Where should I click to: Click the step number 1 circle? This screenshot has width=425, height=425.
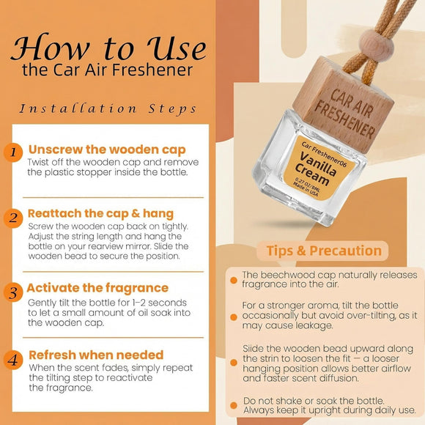(x=12, y=152)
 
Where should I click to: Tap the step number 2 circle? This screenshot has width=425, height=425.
(x=12, y=218)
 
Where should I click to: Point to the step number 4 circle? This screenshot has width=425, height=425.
(x=12, y=360)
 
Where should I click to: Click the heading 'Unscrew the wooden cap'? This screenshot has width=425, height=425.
(x=106, y=149)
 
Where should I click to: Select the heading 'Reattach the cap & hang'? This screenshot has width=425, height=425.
(x=101, y=213)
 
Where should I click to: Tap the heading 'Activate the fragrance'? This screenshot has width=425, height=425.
(x=98, y=287)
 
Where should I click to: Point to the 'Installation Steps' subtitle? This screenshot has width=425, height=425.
(x=108, y=108)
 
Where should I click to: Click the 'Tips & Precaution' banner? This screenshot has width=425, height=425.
(x=323, y=251)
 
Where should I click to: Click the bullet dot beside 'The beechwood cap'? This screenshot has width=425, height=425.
(x=232, y=276)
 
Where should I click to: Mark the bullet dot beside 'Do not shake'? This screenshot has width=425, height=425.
(x=232, y=404)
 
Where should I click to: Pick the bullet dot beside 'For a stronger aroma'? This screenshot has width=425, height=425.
(x=232, y=303)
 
